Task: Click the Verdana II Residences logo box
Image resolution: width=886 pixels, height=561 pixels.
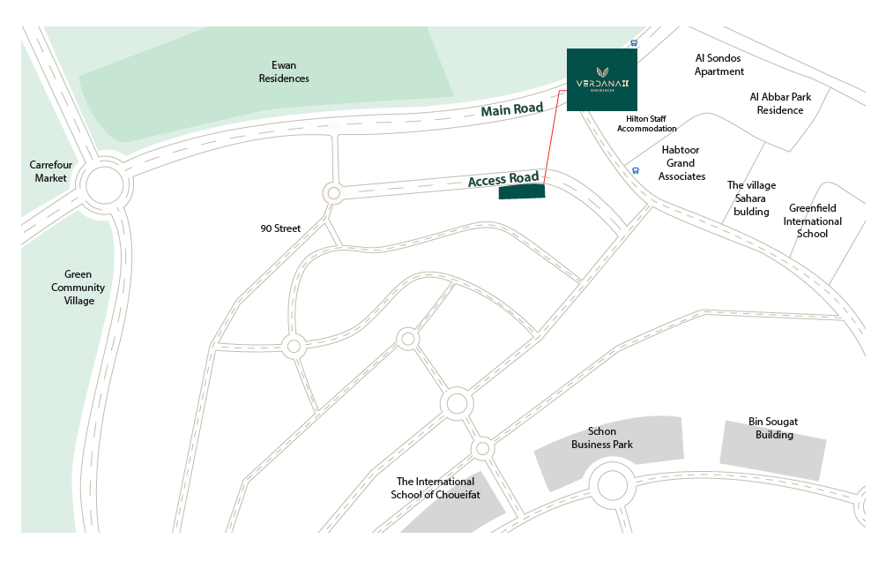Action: (x=602, y=80)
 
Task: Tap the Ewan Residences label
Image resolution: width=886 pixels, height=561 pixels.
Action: (x=284, y=71)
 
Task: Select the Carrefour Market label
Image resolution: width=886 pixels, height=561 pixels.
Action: (x=51, y=171)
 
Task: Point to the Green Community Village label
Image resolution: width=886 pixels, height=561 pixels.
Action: (x=78, y=288)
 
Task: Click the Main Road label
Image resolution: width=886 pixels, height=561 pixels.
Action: (x=511, y=109)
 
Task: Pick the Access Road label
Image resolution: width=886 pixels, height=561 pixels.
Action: (x=503, y=180)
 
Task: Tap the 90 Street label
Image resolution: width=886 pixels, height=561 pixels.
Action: (x=280, y=228)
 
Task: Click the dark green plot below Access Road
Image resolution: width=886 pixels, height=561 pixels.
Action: (x=522, y=192)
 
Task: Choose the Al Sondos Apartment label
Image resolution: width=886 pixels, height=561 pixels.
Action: (x=719, y=64)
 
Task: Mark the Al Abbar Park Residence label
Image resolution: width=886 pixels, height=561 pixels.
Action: (x=779, y=103)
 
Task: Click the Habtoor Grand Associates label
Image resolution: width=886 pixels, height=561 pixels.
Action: (x=681, y=163)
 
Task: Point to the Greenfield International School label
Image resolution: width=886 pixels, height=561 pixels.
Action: (x=812, y=221)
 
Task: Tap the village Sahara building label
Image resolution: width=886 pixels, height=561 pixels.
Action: (x=751, y=198)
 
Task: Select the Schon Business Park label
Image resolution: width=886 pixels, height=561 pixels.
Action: (x=601, y=438)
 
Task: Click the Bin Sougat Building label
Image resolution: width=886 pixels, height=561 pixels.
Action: (x=773, y=428)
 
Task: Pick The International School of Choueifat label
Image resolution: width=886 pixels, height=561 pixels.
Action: (x=436, y=488)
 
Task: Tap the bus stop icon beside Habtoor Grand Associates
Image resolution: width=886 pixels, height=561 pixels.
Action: (x=635, y=170)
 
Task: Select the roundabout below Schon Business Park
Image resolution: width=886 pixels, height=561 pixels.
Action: (x=609, y=485)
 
